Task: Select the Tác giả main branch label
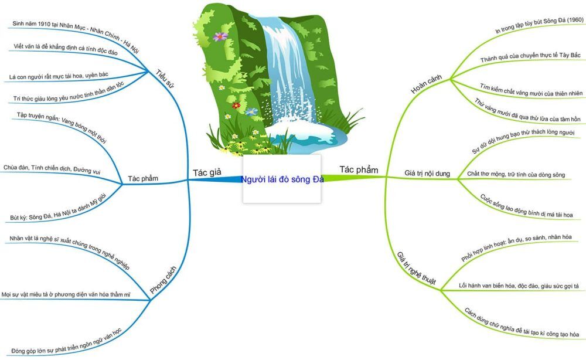click(207, 172)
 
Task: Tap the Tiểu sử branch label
click(165, 79)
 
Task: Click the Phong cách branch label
click(163, 280)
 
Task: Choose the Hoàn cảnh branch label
click(426, 84)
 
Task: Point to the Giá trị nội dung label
click(427, 174)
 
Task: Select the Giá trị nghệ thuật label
click(416, 269)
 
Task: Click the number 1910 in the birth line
click(45, 24)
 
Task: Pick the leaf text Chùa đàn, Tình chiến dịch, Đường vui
click(52, 169)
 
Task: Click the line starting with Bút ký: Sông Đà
click(58, 207)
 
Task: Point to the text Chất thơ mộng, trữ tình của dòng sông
click(516, 174)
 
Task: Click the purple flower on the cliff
click(220, 36)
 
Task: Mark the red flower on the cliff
click(236, 106)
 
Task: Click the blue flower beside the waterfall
click(251, 111)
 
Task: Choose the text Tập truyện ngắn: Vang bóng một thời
click(62, 127)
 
